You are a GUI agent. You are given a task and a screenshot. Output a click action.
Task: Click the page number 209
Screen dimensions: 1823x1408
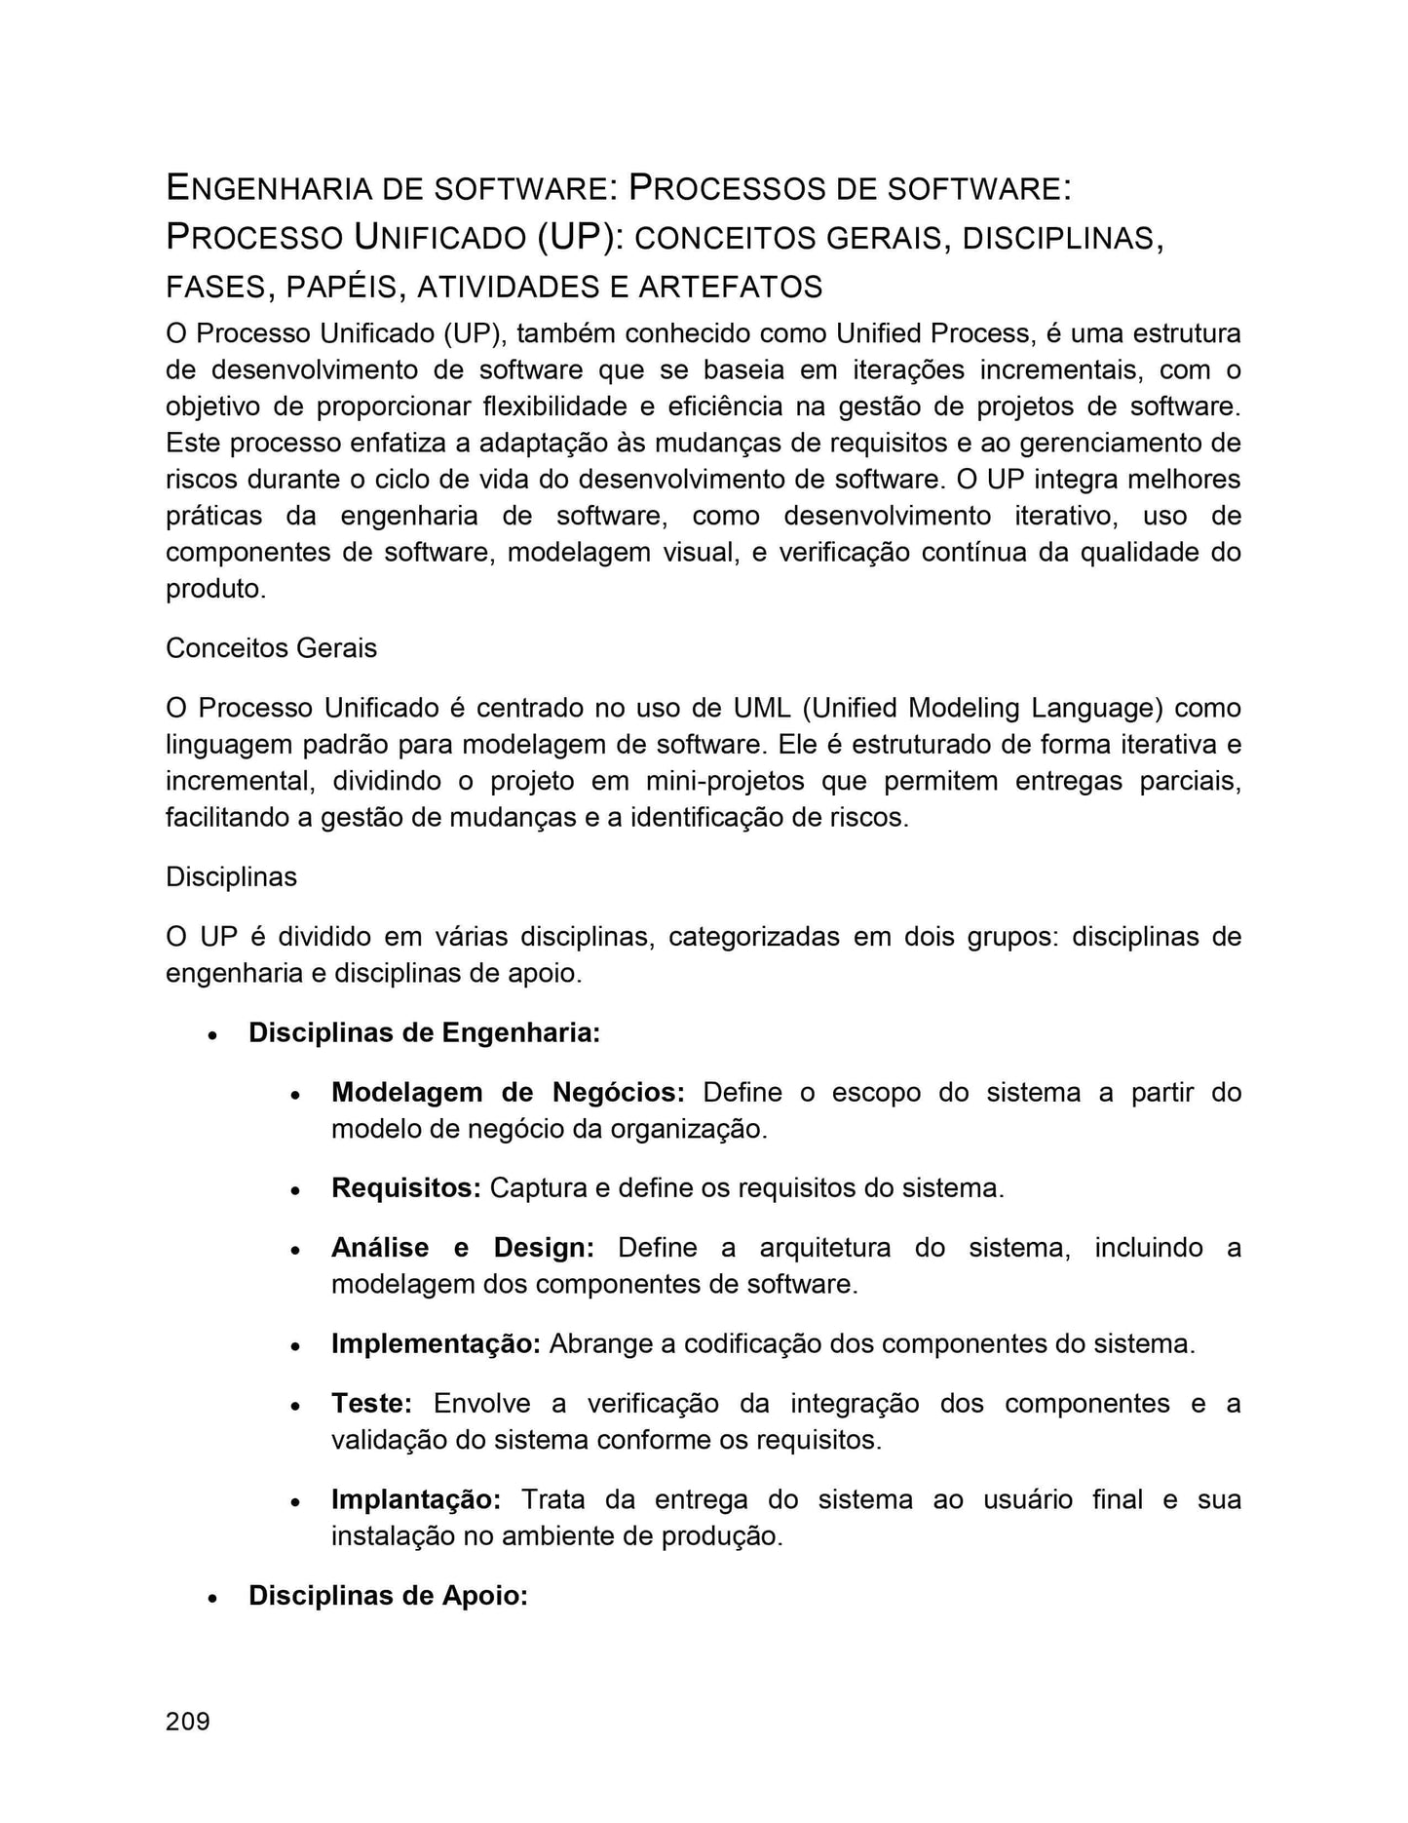point(187,1722)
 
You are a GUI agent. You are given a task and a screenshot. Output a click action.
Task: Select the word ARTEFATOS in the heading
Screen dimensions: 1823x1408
point(730,287)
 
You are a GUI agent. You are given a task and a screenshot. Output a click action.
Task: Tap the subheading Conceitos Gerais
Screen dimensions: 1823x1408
point(271,648)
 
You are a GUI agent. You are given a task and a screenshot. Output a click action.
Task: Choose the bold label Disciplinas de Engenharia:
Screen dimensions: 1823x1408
point(424,1032)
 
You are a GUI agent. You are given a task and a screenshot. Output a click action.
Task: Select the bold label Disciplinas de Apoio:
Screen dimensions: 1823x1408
point(388,1596)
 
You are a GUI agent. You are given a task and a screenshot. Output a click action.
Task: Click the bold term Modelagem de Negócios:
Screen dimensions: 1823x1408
point(508,1092)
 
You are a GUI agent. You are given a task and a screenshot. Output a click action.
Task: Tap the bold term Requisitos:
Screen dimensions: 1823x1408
point(406,1188)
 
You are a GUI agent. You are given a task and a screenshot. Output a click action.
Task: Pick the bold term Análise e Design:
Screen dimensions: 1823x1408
point(462,1248)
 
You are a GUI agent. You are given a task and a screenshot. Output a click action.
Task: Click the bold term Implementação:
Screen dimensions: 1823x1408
point(436,1343)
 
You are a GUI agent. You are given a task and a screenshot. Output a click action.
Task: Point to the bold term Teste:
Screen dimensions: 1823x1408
point(371,1403)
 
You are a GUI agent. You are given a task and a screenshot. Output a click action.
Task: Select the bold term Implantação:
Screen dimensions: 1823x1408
point(416,1499)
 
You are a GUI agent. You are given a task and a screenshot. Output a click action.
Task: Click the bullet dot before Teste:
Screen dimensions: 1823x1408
point(294,1406)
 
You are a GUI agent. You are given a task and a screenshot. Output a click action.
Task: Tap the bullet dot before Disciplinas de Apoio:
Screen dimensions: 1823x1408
point(211,1599)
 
